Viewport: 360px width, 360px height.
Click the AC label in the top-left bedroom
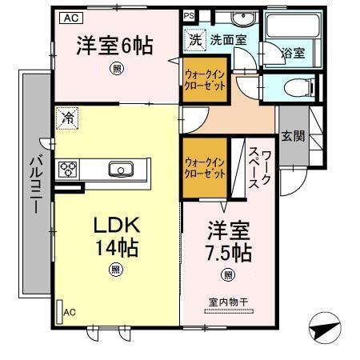click(x=70, y=16)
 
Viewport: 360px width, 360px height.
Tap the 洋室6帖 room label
click(x=117, y=46)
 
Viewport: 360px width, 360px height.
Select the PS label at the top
click(x=189, y=15)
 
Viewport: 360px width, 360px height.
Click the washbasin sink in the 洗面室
click(x=240, y=19)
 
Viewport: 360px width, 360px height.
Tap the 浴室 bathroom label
click(x=293, y=54)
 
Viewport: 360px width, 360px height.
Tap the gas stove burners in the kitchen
click(x=68, y=169)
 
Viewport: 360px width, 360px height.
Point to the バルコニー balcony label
click(x=35, y=184)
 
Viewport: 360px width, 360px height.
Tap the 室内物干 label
click(x=229, y=302)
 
